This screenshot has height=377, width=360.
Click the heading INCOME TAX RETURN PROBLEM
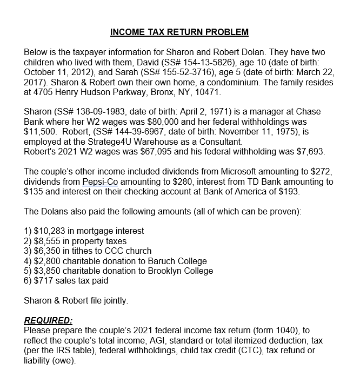point(179,32)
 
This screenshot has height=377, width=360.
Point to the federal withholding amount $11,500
point(42,131)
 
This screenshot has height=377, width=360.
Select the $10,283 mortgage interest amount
point(50,231)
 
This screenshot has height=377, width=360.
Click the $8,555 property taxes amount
point(48,241)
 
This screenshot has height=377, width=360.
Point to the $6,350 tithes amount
point(48,251)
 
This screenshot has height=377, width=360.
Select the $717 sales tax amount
point(44,280)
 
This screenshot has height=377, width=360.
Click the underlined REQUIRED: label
point(48,320)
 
